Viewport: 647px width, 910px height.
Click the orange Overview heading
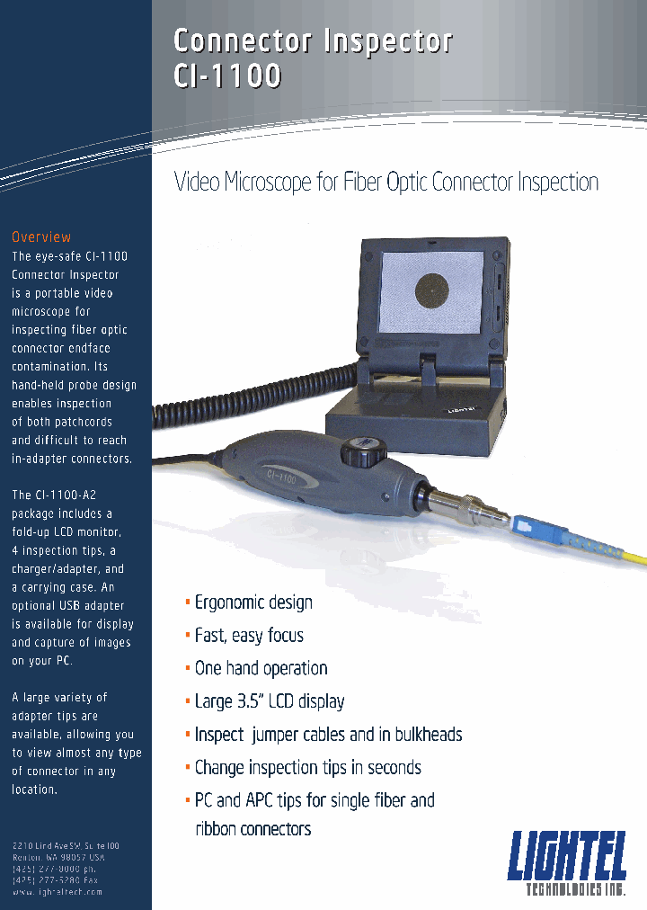tap(41, 237)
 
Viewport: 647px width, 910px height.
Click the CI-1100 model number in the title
tap(226, 76)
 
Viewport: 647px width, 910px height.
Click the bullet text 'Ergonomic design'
tap(253, 602)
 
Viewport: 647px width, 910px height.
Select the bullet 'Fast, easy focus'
tap(249, 636)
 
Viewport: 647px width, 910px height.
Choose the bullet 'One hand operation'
tap(261, 668)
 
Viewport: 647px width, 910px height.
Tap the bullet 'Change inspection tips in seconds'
tap(307, 768)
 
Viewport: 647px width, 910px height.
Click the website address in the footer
tap(57, 892)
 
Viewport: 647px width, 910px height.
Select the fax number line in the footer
tap(56, 880)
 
